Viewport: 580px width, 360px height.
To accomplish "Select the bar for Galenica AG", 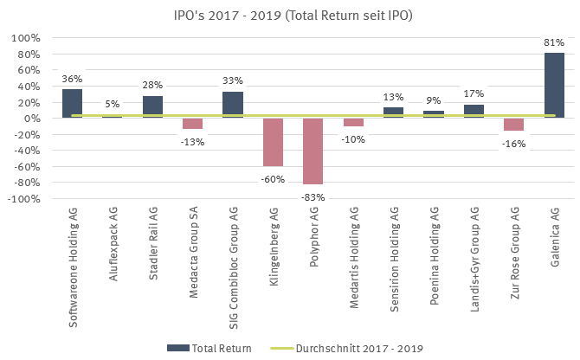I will click(554, 86).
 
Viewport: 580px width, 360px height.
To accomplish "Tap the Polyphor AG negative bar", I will click(313, 151).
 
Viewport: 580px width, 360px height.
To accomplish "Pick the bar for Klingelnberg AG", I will click(273, 142).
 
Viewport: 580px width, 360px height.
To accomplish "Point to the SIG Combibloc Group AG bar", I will click(233, 105).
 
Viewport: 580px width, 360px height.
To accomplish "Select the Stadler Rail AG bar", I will click(152, 107).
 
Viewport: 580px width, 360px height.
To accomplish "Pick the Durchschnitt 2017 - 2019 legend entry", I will click(350, 348).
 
